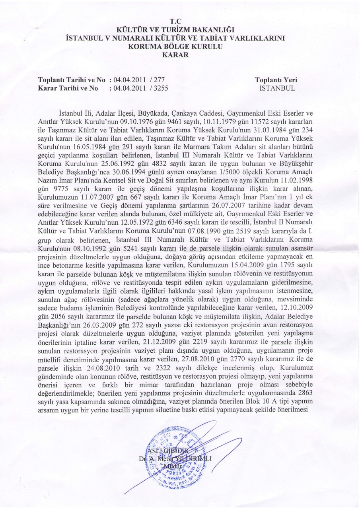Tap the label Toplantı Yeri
[276, 80]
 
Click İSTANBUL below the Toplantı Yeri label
[276, 88]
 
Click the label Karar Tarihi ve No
[68, 88]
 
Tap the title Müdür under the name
[175, 465]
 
